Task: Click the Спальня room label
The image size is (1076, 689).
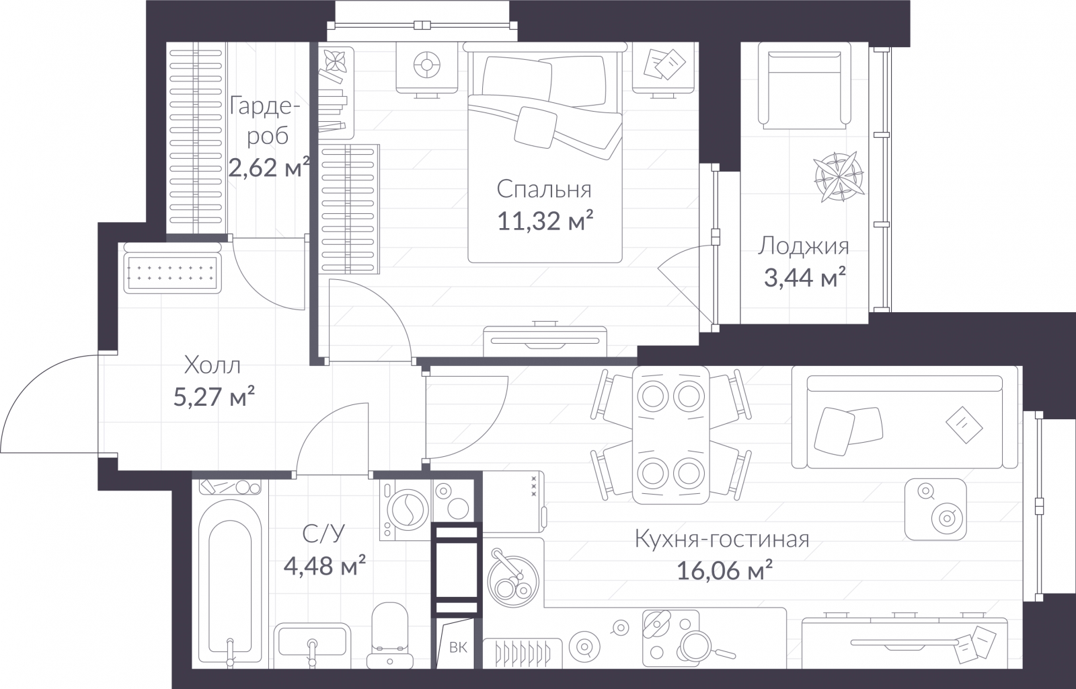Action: [x=544, y=190]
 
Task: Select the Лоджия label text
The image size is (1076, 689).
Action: [x=804, y=247]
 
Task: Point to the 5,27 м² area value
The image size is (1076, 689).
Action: [x=214, y=397]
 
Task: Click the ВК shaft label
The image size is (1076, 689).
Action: [x=458, y=648]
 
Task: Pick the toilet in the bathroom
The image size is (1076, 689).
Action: [x=390, y=636]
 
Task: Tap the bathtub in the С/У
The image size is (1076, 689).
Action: [x=230, y=582]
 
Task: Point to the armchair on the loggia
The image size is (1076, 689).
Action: [x=804, y=85]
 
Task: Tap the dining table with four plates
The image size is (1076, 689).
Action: [x=670, y=435]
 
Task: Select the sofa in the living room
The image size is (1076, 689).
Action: [x=905, y=417]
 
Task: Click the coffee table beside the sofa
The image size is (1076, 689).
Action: [x=935, y=509]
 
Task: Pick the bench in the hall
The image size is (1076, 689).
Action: [x=172, y=268]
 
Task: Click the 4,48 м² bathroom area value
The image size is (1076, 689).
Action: [x=325, y=565]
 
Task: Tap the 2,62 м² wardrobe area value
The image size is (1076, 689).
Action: [x=268, y=168]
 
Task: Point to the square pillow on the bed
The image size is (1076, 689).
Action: [x=535, y=126]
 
